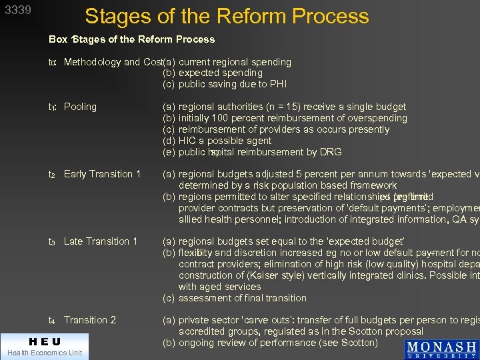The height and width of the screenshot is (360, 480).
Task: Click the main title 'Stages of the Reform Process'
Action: pos(227,16)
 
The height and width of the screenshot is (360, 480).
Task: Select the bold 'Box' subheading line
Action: pos(131,39)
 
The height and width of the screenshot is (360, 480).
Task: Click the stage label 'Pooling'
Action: pos(80,107)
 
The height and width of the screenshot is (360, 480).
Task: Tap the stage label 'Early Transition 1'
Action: pos(102,174)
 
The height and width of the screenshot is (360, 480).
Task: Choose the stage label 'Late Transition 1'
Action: pos(100,241)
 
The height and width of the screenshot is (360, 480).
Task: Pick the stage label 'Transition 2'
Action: pos(90,320)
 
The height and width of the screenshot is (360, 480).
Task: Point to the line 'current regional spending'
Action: pos(235,62)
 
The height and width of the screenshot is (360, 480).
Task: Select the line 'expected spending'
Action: pos(220,73)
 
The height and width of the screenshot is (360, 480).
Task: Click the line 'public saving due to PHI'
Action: pos(232,84)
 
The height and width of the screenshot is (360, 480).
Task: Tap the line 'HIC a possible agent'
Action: pos(225,141)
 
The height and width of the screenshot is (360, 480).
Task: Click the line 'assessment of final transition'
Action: pos(242,298)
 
